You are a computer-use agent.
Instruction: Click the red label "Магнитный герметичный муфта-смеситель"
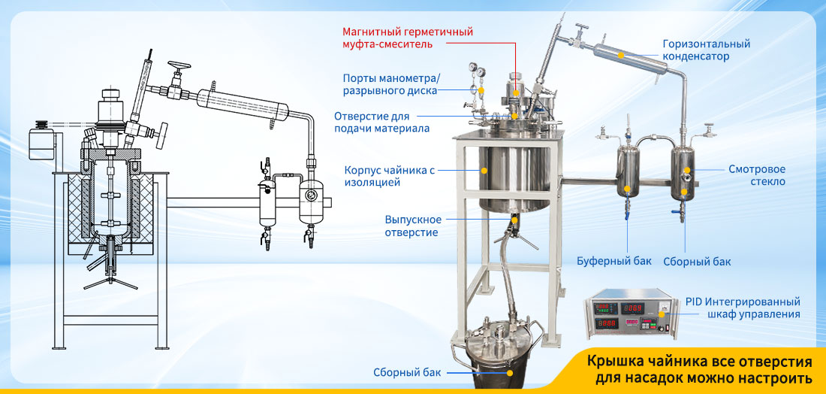pos(408,38)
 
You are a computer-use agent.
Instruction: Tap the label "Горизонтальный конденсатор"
pos(707,50)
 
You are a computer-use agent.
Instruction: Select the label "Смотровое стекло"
pos(757,175)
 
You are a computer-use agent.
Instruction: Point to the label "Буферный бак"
pos(613,261)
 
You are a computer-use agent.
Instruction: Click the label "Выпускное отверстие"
pos(413,226)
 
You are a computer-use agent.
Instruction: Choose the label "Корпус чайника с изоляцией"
pos(390,176)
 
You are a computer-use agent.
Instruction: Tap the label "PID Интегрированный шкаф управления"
pos(743,308)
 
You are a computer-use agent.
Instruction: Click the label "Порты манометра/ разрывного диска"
pos(391,84)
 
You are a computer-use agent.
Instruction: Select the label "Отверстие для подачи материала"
pos(382,122)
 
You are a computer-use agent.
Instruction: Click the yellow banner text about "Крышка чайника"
pos(699,370)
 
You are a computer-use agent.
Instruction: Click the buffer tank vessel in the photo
pos(628,172)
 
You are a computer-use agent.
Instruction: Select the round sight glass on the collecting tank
pos(687,171)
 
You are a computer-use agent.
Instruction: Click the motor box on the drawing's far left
pos(41,141)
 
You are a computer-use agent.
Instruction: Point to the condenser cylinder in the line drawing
pos(243,104)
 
